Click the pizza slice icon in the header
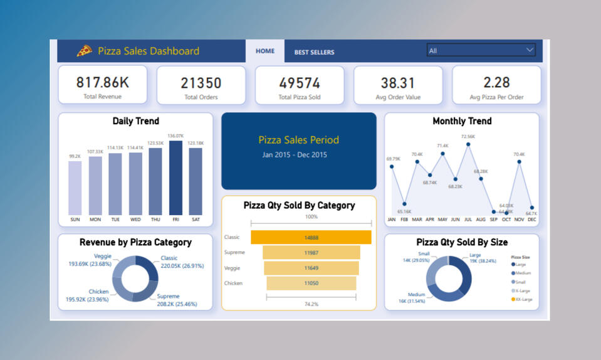[84, 51]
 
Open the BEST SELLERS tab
[314, 52]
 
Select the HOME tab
[265, 51]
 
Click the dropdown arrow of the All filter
[530, 50]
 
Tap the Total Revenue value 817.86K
[102, 82]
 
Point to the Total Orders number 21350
[201, 83]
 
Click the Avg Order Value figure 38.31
[398, 83]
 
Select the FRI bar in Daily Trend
[176, 177]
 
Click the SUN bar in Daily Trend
[75, 188]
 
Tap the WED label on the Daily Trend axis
[135, 220]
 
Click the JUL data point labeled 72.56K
[468, 145]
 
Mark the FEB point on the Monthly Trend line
[404, 203]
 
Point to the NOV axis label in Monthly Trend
[519, 220]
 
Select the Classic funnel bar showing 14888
[311, 237]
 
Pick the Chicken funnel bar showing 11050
[311, 283]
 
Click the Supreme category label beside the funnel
[234, 252]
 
